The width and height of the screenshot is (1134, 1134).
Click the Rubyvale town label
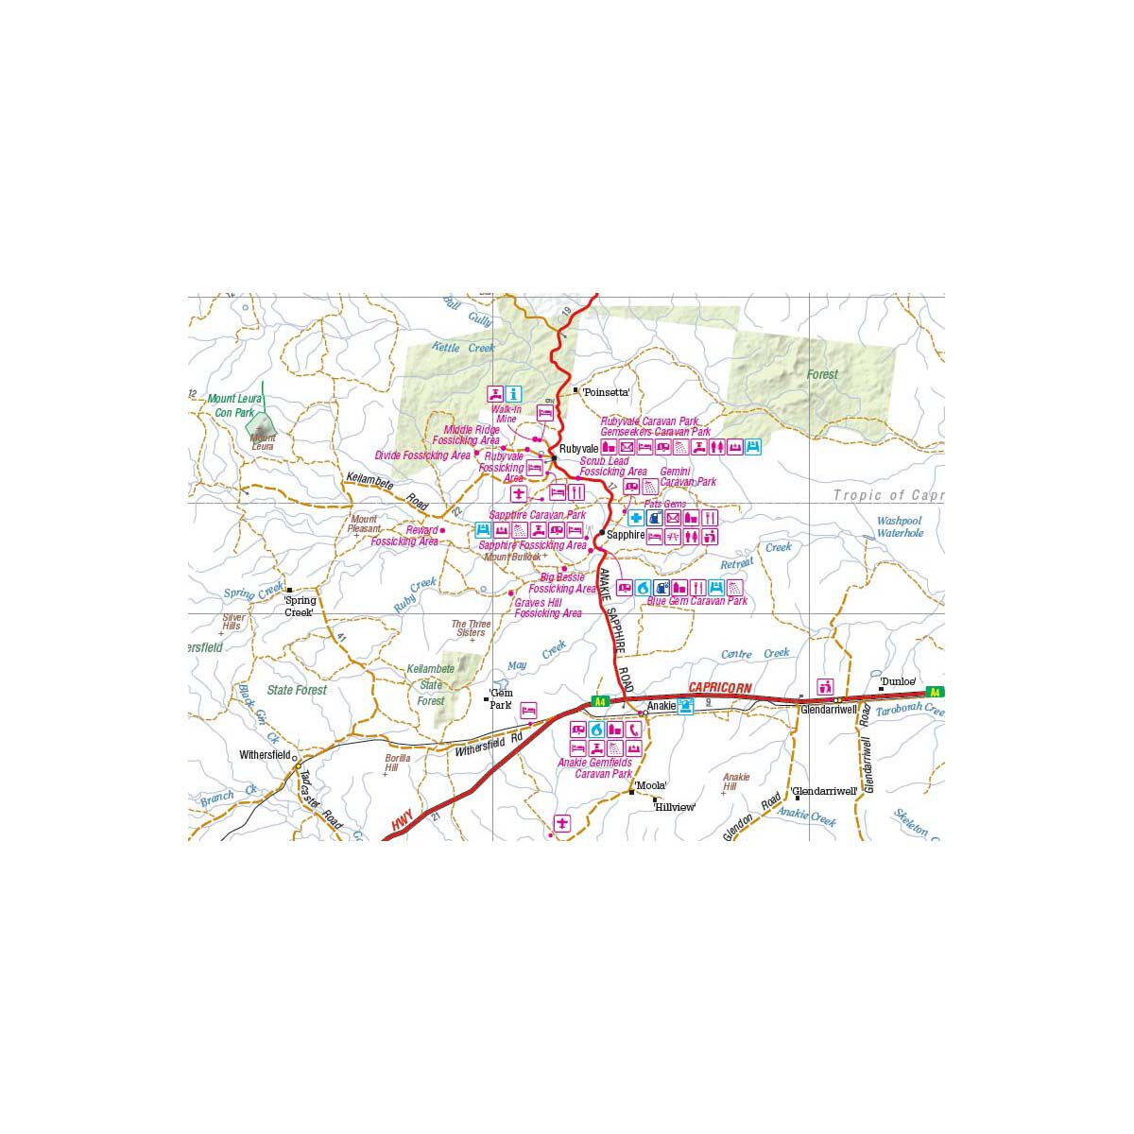(578, 448)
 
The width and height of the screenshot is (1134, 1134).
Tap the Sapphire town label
(626, 534)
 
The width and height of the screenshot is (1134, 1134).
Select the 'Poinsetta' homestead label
(606, 391)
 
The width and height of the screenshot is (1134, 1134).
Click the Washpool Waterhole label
(899, 527)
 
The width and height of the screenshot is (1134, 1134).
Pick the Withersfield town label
(265, 755)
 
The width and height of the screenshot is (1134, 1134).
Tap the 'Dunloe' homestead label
(898, 680)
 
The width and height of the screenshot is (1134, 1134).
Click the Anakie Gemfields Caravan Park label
(595, 768)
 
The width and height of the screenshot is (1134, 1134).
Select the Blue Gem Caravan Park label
(696, 601)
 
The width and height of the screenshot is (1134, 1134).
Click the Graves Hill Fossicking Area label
(548, 608)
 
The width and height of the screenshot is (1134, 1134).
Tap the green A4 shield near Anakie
(599, 701)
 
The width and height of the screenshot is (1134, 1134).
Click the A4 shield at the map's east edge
(935, 692)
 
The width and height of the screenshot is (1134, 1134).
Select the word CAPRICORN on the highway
(720, 688)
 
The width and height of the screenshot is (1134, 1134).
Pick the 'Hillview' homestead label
(675, 807)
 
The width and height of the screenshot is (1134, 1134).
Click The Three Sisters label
(469, 628)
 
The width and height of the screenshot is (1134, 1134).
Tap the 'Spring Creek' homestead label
(299, 606)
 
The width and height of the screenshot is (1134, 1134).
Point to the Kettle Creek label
(463, 348)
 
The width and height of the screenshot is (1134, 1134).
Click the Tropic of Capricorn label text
(888, 495)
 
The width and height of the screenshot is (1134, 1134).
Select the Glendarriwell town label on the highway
(829, 709)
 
